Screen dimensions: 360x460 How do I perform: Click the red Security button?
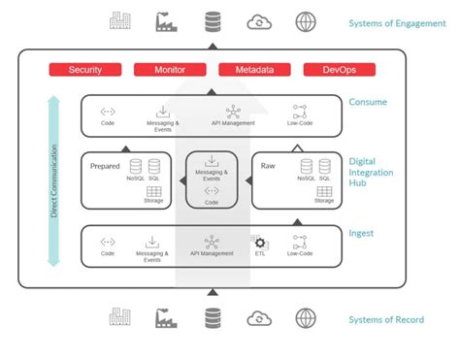coord(85,70)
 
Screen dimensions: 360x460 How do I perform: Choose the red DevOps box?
coord(339,70)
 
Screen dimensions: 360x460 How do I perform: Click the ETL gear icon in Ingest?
coord(260,241)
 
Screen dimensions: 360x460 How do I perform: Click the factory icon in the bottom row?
coord(163,317)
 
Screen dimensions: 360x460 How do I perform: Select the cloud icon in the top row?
coord(259,21)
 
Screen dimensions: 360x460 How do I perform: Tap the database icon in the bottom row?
coord(212,317)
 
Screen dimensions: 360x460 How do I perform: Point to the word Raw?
coord(268,167)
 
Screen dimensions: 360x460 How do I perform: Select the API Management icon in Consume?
coord(233,113)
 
